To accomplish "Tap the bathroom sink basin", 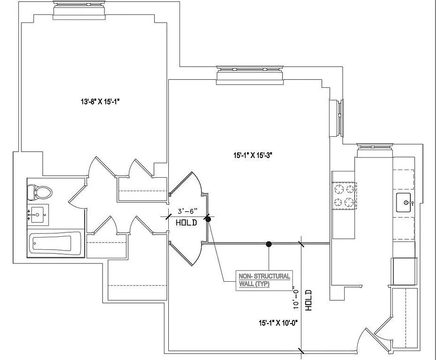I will pyautogui.click(x=38, y=215).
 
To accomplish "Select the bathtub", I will pyautogui.click(x=55, y=244).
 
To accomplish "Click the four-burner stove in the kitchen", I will pyautogui.click(x=344, y=196).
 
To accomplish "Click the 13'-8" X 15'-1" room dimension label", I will pyautogui.click(x=99, y=102).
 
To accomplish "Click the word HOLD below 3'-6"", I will pyautogui.click(x=186, y=222).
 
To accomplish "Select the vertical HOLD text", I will pyautogui.click(x=309, y=299).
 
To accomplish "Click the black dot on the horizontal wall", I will pyautogui.click(x=269, y=244).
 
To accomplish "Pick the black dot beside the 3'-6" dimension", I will pyautogui.click(x=208, y=219).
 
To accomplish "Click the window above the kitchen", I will pyautogui.click(x=375, y=149).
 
